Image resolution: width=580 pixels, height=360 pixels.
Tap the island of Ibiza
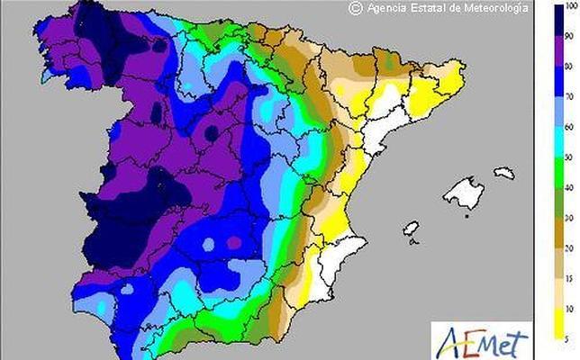(412, 229)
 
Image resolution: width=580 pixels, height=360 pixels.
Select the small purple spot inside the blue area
(235, 242)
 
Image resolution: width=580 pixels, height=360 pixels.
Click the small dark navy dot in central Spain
(212, 133)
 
